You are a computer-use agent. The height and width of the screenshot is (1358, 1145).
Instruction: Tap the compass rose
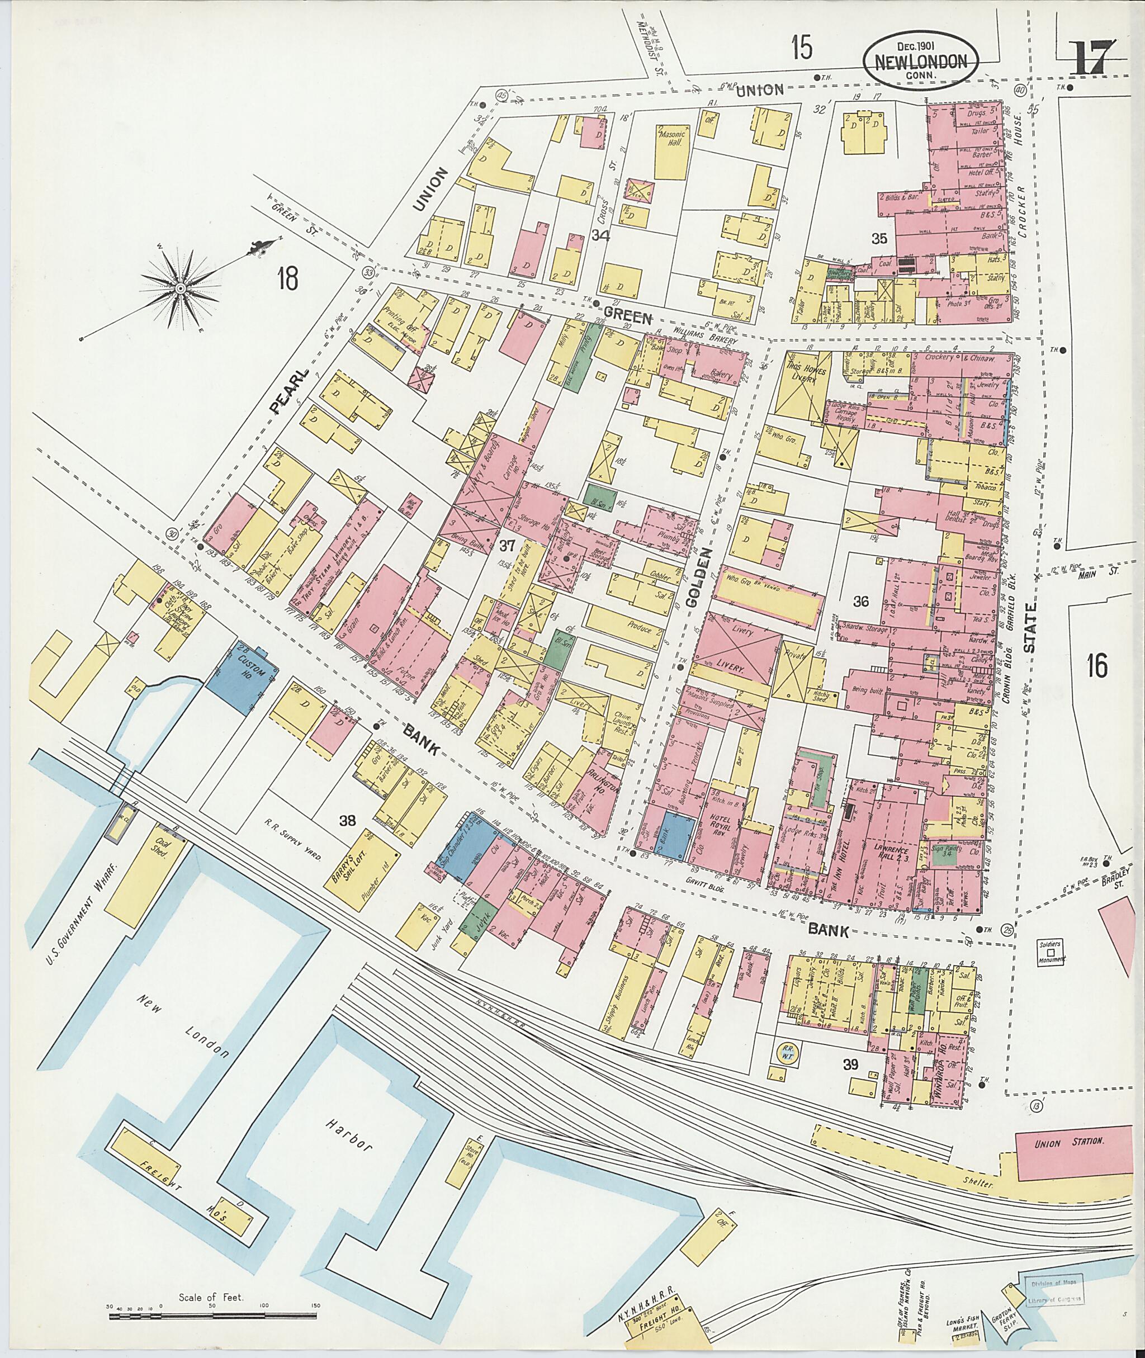181,286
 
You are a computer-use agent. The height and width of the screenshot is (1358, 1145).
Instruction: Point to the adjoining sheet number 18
287,280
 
